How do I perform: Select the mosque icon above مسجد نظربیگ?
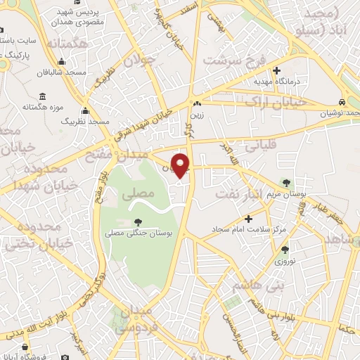coord(86,110)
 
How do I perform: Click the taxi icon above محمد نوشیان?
coord(341,102)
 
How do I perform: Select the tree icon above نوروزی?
coord(284,250)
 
